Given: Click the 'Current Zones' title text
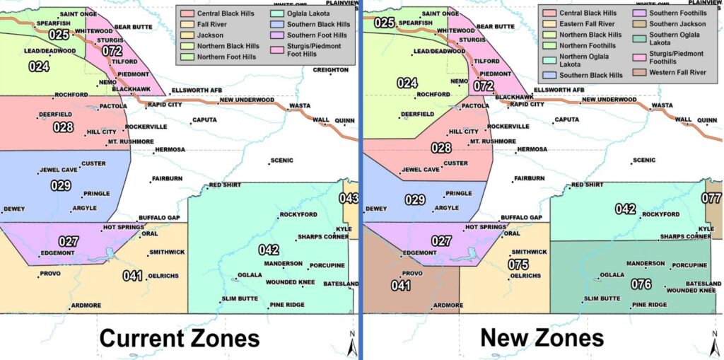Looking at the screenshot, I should click(x=179, y=338).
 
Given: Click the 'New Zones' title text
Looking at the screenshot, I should click(x=542, y=337).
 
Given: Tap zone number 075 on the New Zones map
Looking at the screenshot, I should click(x=518, y=265).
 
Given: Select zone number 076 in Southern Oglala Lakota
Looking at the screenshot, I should click(x=641, y=284).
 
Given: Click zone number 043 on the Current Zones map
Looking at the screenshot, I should click(x=349, y=199).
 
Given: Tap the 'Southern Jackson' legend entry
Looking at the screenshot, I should click(x=668, y=24).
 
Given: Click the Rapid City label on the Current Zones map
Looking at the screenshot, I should click(x=165, y=105).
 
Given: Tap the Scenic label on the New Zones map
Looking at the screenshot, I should click(x=644, y=161).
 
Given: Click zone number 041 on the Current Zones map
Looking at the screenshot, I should click(x=133, y=275).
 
